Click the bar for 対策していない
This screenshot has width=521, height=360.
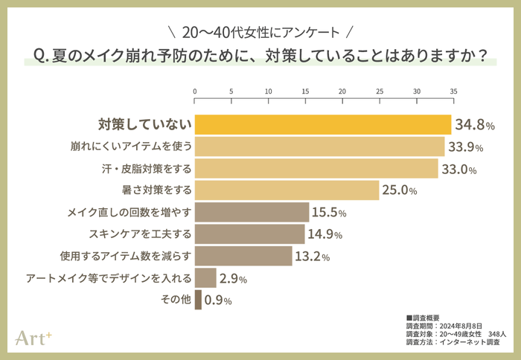pyautogui.click(x=323, y=124)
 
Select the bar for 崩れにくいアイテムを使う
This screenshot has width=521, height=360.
pyautogui.click(x=319, y=147)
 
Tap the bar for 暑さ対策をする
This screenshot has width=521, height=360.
pyautogui.click(x=287, y=190)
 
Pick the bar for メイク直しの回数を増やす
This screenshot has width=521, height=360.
pyautogui.click(x=252, y=213)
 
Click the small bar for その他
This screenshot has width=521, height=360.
pyautogui.click(x=198, y=300)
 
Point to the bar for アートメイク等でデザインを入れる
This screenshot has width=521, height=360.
pyautogui.click(x=205, y=278)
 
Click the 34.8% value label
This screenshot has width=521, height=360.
pyautogui.click(x=475, y=125)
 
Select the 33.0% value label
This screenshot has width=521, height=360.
pyautogui.click(x=458, y=169)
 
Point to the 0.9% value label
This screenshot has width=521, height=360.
pyautogui.click(x=217, y=301)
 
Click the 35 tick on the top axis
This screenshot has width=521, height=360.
pyautogui.click(x=453, y=91)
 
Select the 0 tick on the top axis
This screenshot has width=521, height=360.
pyautogui.click(x=195, y=91)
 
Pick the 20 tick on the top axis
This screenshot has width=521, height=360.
pyautogui.click(x=342, y=91)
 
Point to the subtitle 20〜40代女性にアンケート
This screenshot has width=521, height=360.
pyautogui.click(x=260, y=33)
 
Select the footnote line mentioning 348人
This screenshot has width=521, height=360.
pyautogui.click(x=454, y=335)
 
